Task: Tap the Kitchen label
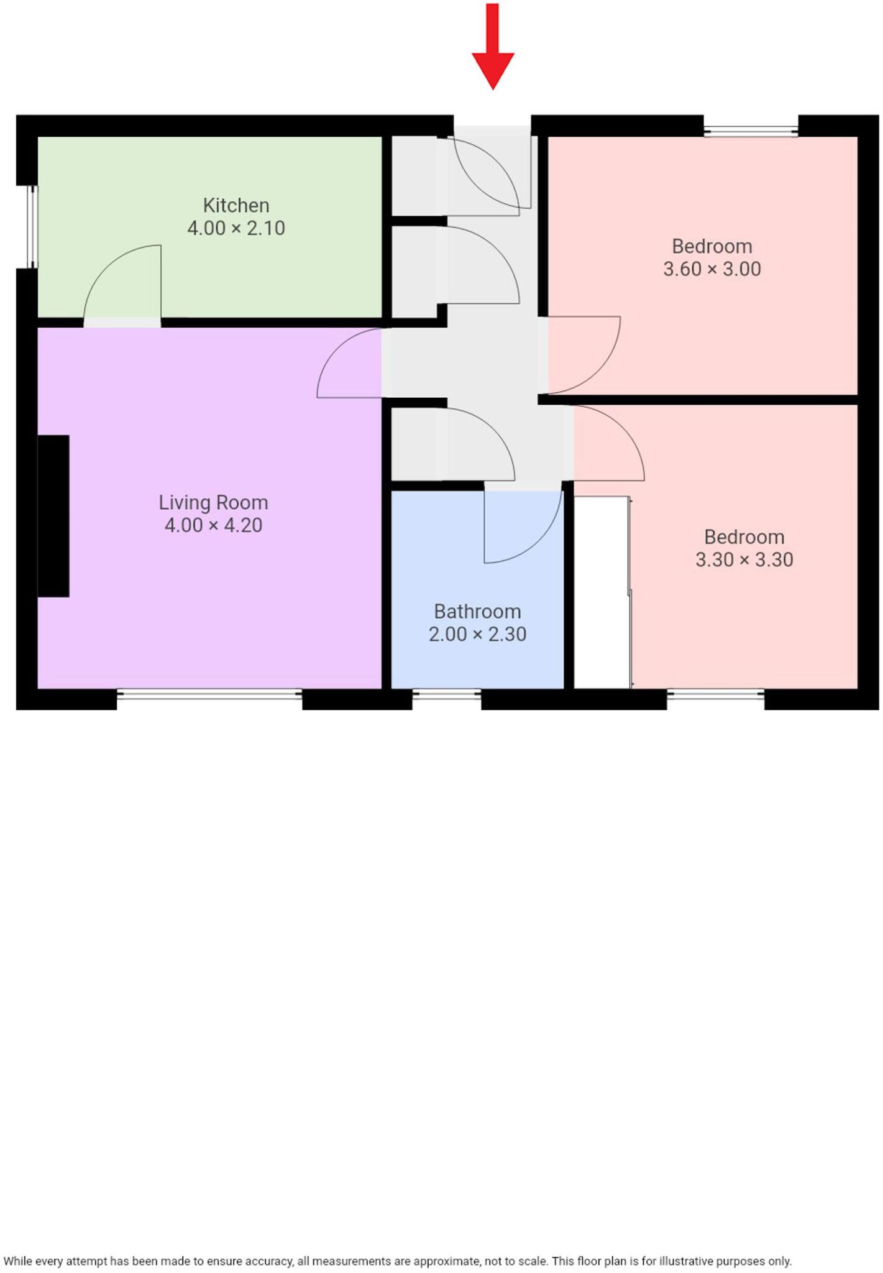[x=236, y=205]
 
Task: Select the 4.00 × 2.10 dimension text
[x=236, y=228]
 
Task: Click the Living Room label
[x=213, y=502]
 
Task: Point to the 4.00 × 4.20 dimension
[x=213, y=525]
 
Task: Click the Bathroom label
[x=477, y=612]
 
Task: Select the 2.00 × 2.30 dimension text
[x=477, y=635]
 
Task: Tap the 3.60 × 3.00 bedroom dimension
[x=711, y=269]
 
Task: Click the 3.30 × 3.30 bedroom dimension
[x=744, y=560]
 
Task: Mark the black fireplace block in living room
[x=53, y=516]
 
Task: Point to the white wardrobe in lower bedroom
[x=601, y=592]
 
